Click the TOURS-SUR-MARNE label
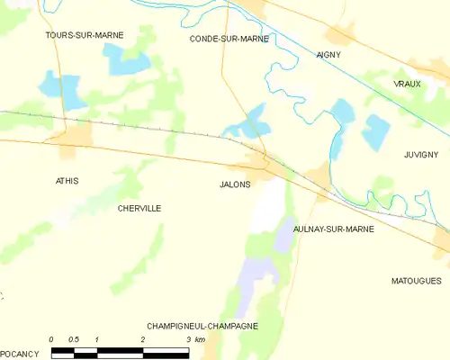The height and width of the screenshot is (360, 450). [85, 35]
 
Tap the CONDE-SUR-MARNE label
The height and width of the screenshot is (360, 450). [229, 39]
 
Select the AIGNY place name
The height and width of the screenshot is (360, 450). [328, 55]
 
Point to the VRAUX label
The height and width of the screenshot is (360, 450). [407, 83]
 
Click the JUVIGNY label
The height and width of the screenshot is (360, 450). [420, 154]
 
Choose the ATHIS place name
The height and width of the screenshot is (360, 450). [67, 181]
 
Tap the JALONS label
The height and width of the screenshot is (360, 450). [235, 184]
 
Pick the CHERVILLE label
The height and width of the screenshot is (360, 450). [139, 208]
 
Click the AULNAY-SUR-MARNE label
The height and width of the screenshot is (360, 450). [337, 229]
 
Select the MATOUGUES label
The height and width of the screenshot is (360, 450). [416, 281]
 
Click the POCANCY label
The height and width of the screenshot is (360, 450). [20, 354]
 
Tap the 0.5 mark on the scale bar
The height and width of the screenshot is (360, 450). [74, 339]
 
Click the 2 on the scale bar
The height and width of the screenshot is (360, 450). [143, 339]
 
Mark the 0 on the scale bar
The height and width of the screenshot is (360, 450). [51, 339]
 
